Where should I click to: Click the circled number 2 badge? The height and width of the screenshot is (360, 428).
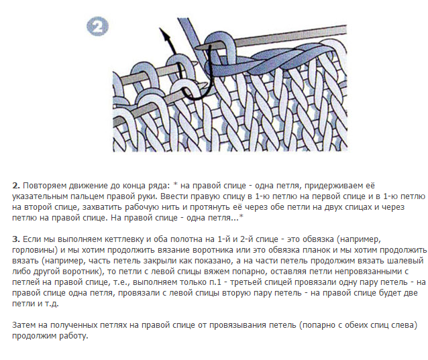click(97, 26)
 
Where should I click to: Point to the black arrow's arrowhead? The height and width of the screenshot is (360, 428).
click(164, 34)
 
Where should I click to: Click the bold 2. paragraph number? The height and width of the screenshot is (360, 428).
click(16, 186)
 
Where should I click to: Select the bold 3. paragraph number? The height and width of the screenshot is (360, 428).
click(16, 239)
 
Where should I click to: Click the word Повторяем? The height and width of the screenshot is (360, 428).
click(45, 186)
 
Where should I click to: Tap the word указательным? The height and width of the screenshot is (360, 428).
click(40, 196)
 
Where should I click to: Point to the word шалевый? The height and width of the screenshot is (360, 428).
click(405, 261)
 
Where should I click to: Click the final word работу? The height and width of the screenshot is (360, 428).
click(74, 336)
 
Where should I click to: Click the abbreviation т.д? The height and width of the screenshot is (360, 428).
click(51, 304)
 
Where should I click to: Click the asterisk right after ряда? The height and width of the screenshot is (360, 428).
click(176, 185)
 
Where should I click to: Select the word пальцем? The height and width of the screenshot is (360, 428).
click(87, 196)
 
